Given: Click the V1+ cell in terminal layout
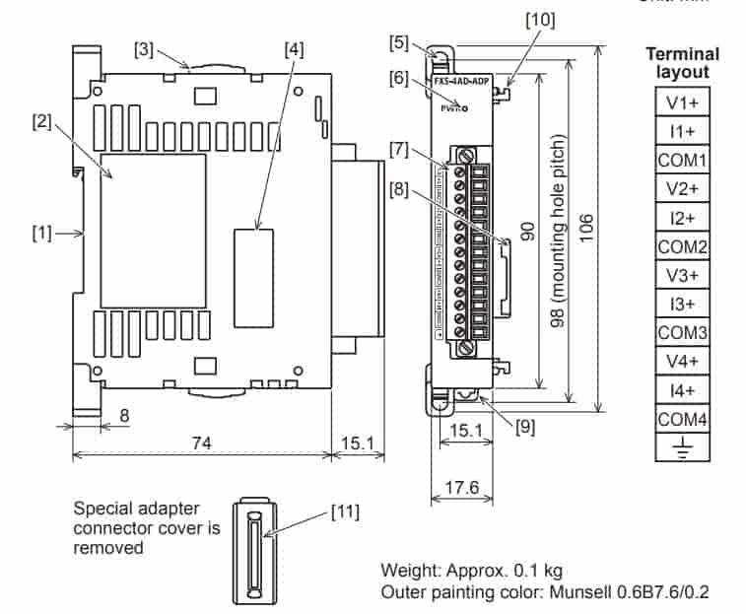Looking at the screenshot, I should pos(681,102).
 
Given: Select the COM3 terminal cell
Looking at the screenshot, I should pos(681,332).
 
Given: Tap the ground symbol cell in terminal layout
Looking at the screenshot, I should pos(681,448).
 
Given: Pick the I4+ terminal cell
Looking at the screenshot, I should pos(681,390).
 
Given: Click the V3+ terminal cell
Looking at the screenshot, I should pos(681,275).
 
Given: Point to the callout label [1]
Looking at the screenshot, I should pos(40,234).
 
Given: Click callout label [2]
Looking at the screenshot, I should pos(40,121).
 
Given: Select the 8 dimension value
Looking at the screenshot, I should pos(123,416).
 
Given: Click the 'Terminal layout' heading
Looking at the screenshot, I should pos(682,63).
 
